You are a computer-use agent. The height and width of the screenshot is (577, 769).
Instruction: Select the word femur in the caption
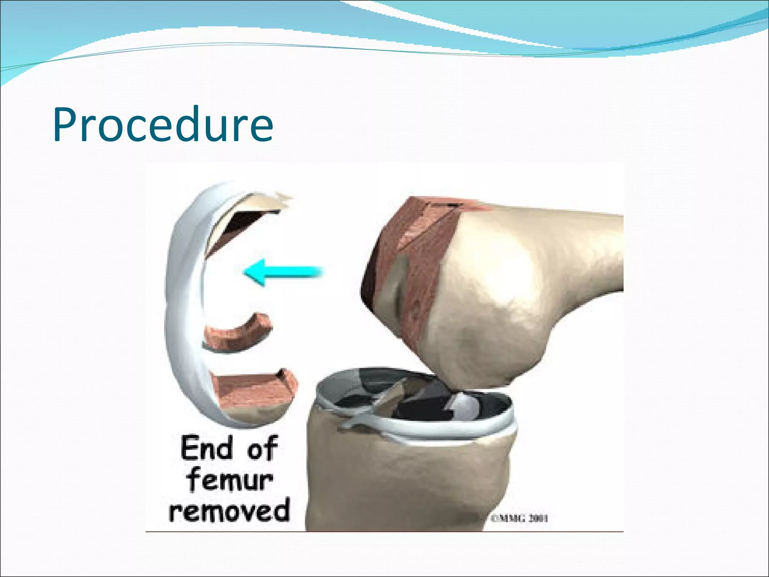click(x=230, y=480)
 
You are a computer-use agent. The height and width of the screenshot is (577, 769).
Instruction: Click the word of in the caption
click(x=262, y=448)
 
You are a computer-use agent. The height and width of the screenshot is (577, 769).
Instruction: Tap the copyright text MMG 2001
click(x=520, y=518)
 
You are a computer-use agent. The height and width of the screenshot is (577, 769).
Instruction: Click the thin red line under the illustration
click(x=383, y=532)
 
